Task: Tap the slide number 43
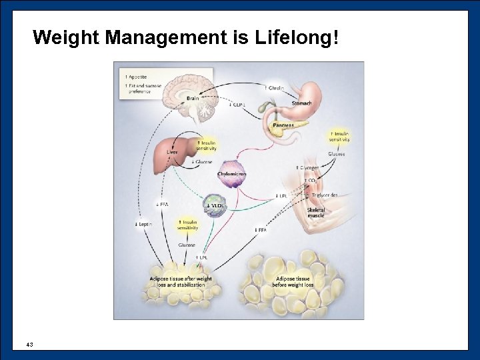[29, 344]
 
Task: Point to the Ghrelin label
[275, 87]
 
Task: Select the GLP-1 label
[238, 104]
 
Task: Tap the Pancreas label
[283, 125]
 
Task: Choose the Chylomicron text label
[232, 174]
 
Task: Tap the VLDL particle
[215, 203]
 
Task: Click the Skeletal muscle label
[316, 213]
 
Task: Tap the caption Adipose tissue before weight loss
[293, 282]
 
